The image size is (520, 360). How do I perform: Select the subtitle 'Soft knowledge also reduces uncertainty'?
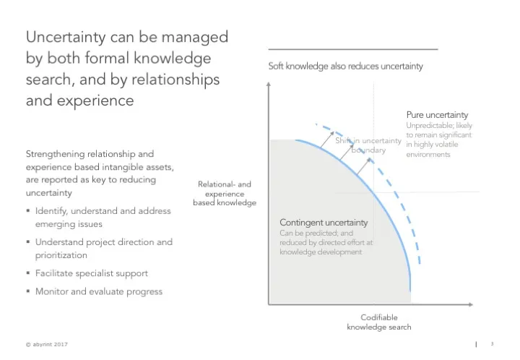[x=345, y=66]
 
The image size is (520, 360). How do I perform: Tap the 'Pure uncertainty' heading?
[x=437, y=115]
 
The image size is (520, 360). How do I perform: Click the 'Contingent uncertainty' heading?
[x=324, y=223]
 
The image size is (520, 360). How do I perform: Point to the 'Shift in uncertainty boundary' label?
[x=368, y=145]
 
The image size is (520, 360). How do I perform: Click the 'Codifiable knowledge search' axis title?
[x=378, y=322]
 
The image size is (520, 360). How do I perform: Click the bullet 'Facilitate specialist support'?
[x=92, y=273]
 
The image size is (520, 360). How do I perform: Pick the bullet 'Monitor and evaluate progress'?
[x=99, y=291]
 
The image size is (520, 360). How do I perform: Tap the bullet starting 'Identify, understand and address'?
[x=103, y=211]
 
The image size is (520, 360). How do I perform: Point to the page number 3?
[x=491, y=343]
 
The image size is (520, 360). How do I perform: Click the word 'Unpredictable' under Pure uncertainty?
[x=429, y=126]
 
